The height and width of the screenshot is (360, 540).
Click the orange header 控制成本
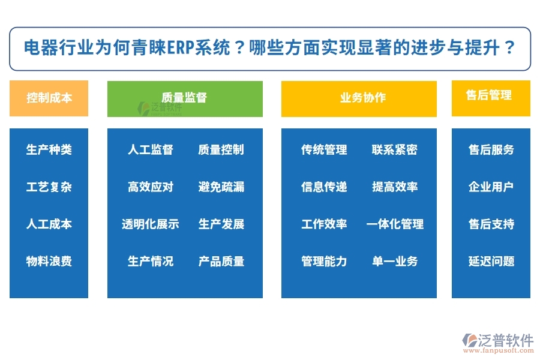coord(49,98)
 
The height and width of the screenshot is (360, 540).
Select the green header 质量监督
coord(185,98)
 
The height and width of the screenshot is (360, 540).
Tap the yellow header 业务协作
coord(359,98)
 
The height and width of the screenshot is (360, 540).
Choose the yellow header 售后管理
coord(491,95)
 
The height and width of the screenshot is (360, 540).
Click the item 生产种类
coord(49,149)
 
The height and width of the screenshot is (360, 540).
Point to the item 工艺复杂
coord(49,187)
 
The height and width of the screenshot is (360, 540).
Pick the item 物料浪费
coord(49,261)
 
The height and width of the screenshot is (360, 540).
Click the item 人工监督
coord(150,149)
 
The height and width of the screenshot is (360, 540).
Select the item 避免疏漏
coord(221,187)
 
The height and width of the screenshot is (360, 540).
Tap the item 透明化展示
coord(150,224)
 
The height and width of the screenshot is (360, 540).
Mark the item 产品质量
coord(221,261)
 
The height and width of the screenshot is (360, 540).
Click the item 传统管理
coord(324,149)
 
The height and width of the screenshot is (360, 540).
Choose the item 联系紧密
coord(394,149)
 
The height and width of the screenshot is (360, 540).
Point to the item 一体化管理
coord(394,224)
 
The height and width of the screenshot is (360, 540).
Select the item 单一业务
coord(394,261)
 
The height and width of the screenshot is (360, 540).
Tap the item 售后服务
coord(491,149)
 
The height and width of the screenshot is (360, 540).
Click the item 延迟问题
coord(491,261)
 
